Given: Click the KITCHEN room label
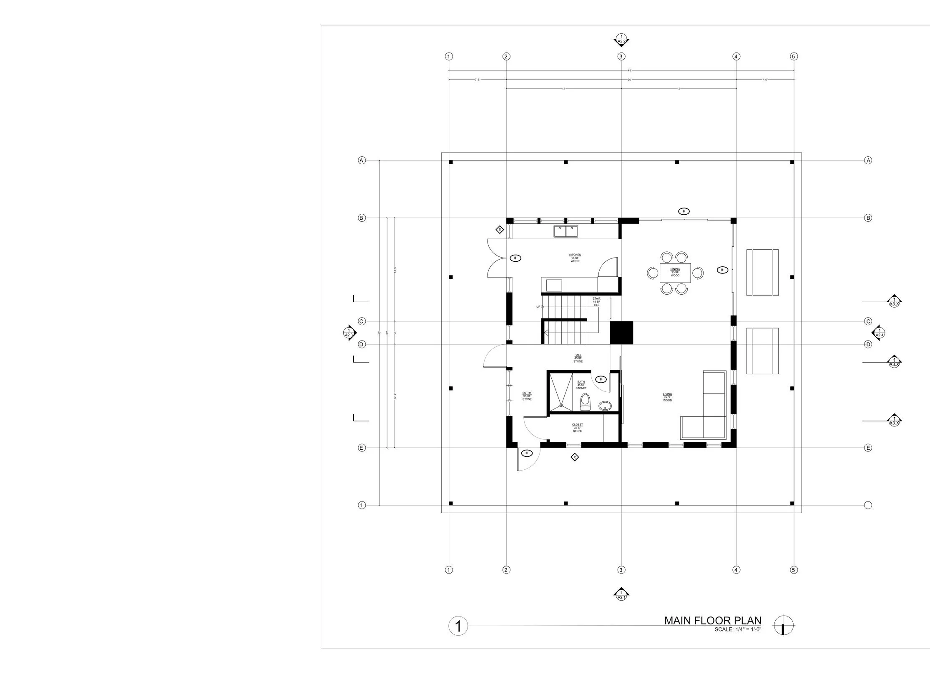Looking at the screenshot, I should pyautogui.click(x=575, y=255).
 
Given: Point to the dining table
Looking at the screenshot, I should pyautogui.click(x=675, y=273).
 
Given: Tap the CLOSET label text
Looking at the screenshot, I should pyautogui.click(x=577, y=425).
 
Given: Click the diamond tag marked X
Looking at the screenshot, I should pyautogui.click(x=574, y=457).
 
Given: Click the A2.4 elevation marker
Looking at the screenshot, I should pyautogui.click(x=880, y=333).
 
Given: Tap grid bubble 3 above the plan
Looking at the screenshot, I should pyautogui.click(x=621, y=56).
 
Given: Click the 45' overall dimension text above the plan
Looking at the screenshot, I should pyautogui.click(x=630, y=70).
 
